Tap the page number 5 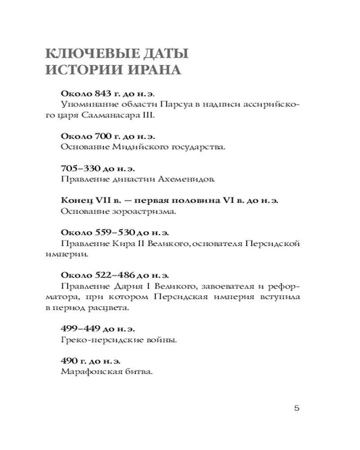pos(296,409)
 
